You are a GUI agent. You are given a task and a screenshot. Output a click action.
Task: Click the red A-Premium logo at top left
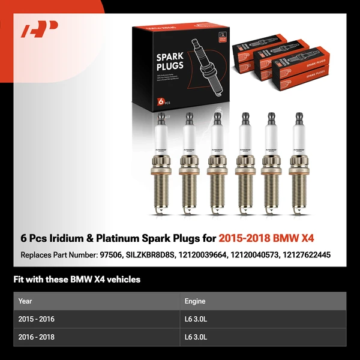tap(39, 29)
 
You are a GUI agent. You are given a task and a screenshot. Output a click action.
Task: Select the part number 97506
tap(110, 255)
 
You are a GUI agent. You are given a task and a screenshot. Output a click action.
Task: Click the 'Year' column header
tap(25, 301)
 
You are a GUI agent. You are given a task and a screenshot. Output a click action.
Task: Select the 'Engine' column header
tap(195, 301)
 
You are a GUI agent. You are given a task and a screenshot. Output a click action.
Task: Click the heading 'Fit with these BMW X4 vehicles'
tap(77, 280)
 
